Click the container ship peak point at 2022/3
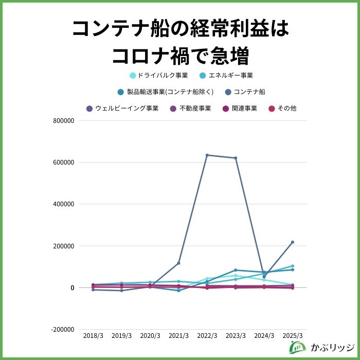[207, 155]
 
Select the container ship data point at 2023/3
[236, 158]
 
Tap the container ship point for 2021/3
[178, 263]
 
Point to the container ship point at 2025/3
[293, 242]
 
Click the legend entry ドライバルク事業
[159, 75]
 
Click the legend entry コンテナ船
[245, 92]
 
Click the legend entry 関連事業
[239, 109]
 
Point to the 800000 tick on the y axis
[64, 121]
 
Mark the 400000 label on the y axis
[64, 204]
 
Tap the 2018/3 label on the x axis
[93, 335]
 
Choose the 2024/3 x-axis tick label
[264, 335]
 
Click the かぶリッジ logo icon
[297, 347]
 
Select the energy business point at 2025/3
[293, 266]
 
